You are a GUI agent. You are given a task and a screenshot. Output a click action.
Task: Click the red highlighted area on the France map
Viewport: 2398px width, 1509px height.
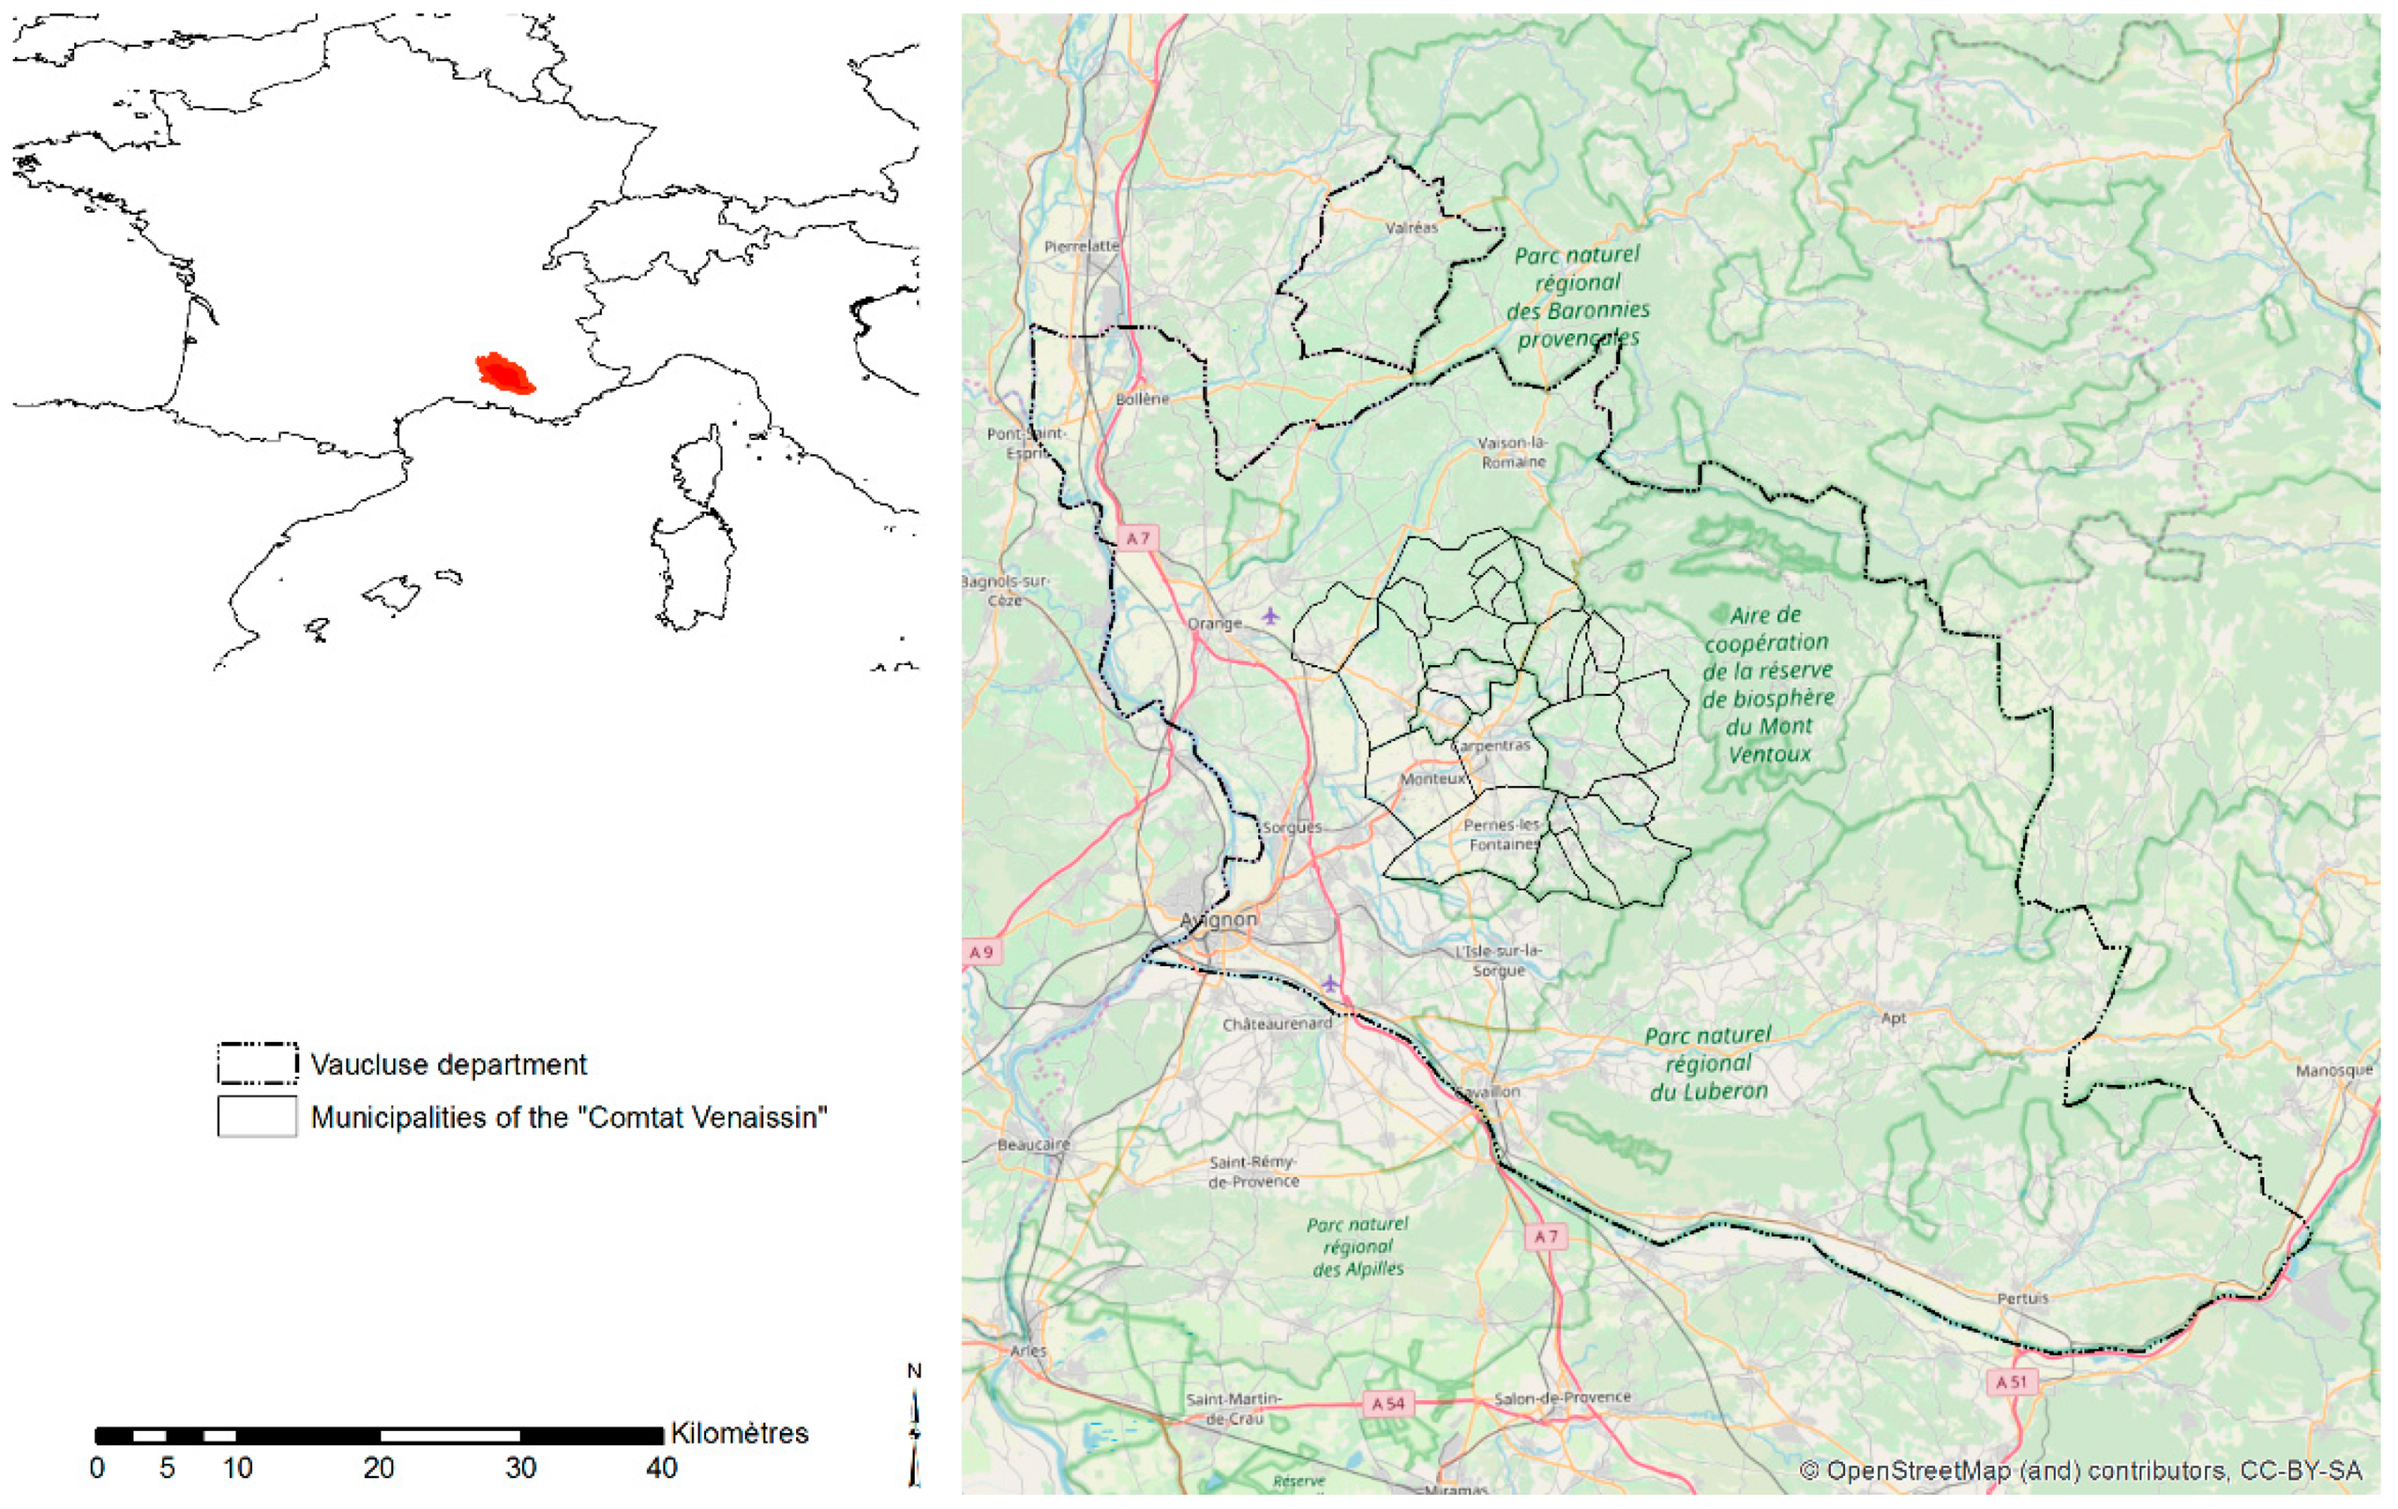click(505, 374)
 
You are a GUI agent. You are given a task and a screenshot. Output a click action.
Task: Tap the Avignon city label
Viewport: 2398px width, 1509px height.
click(1219, 920)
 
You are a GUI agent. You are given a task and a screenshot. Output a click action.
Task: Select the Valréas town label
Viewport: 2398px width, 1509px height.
click(1411, 228)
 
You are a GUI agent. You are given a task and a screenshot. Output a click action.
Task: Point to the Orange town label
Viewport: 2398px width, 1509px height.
click(1214, 623)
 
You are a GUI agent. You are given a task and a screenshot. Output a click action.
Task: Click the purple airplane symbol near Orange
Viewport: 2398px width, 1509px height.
click(1270, 615)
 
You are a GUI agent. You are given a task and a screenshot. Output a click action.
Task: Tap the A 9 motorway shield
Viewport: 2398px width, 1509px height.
click(981, 951)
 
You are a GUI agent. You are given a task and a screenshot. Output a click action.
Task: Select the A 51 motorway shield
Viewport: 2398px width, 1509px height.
click(2011, 1382)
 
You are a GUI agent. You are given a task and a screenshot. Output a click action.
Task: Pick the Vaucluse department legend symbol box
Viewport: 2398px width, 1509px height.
click(257, 1063)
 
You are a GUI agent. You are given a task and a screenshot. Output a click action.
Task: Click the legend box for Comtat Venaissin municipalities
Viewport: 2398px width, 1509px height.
click(257, 1116)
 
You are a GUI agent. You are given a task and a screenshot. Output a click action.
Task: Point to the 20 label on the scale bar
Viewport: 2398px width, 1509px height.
click(378, 1468)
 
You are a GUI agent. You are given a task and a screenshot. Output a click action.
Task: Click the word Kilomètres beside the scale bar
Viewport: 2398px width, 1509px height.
click(739, 1433)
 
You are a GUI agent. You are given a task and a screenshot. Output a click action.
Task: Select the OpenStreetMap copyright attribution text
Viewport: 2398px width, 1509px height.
click(2080, 1471)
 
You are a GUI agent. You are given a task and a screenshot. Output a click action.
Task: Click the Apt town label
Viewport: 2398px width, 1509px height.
click(1893, 1018)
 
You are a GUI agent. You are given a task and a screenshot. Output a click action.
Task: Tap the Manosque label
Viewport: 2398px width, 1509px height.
click(2334, 1071)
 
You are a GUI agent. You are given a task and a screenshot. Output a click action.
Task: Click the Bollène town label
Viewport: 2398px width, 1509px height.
click(1142, 398)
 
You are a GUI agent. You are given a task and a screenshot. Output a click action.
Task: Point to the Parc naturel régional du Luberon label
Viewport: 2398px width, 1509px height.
click(1708, 1063)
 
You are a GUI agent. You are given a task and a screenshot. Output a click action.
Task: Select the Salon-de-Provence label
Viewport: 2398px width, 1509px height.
click(1562, 1398)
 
